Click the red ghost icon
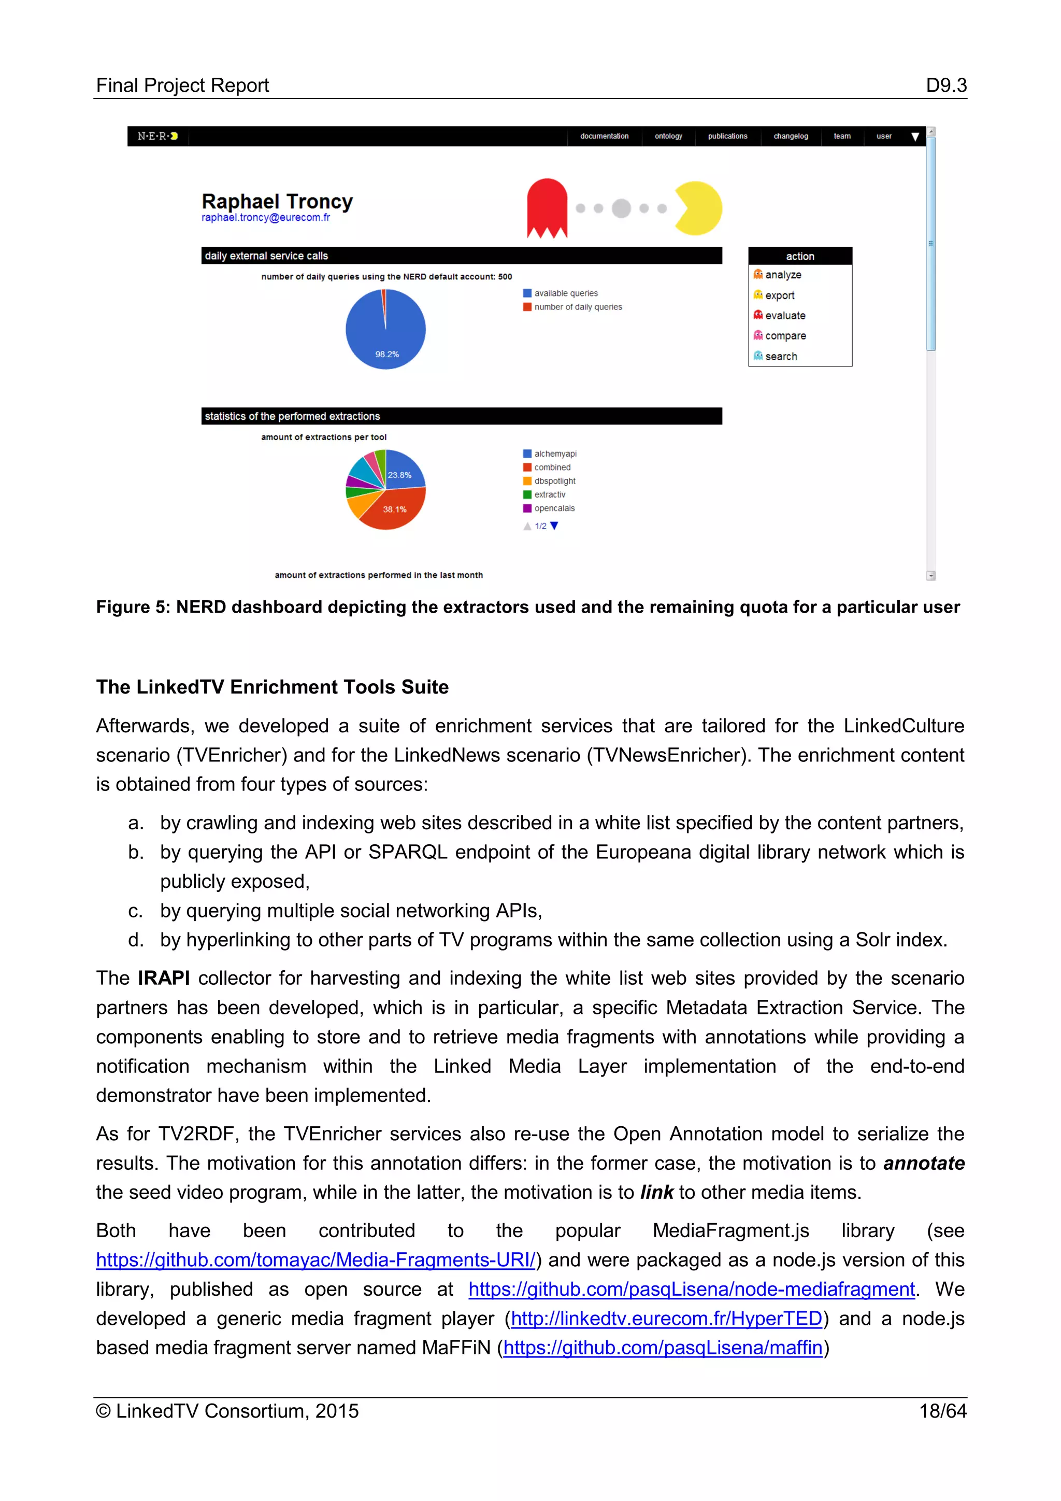tap(547, 208)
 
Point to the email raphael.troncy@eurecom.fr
tap(265, 218)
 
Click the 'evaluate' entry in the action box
tap(785, 316)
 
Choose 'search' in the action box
tap(781, 356)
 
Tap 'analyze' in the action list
tap(783, 275)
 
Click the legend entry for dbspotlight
tap(554, 481)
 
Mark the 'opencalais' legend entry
tap(554, 508)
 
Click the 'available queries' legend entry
tap(565, 293)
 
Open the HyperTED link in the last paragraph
tap(666, 1319)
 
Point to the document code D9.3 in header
tap(945, 86)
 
